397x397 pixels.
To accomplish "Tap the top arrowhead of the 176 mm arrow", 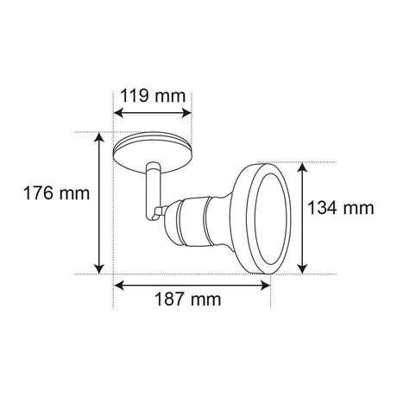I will click(x=101, y=136).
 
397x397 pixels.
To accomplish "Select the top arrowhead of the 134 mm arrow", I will click(x=302, y=167).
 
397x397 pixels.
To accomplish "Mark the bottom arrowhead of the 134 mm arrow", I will click(x=302, y=268).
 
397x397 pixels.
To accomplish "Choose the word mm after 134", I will click(x=361, y=208).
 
